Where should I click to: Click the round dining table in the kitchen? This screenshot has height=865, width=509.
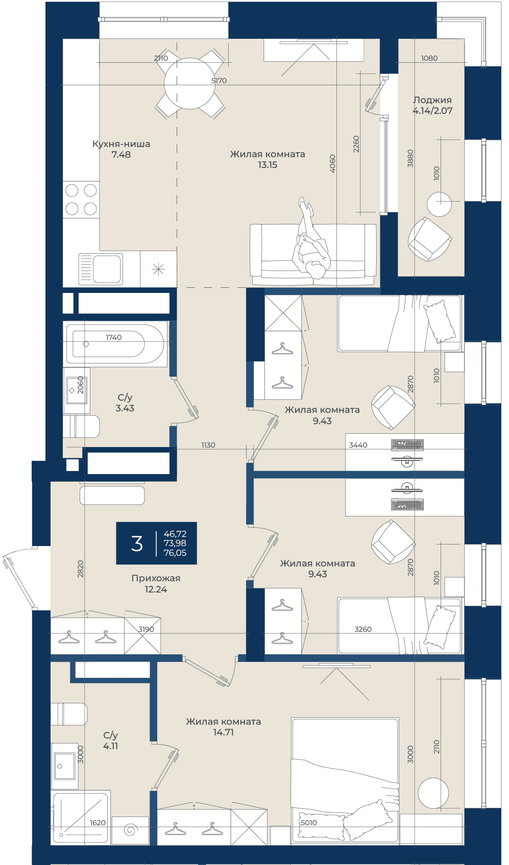(x=189, y=83)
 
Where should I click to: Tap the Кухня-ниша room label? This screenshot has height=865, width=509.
(x=122, y=144)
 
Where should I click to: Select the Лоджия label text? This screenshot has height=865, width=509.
(x=432, y=100)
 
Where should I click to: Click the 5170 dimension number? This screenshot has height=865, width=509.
(x=219, y=81)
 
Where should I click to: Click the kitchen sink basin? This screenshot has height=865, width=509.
(x=106, y=268)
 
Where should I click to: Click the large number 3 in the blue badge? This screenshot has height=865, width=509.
(x=137, y=543)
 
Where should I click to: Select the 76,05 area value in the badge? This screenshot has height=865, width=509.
(x=175, y=553)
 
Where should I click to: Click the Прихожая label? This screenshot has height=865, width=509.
(x=156, y=578)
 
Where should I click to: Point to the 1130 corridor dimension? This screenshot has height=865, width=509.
(x=208, y=445)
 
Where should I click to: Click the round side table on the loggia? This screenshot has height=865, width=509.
(x=439, y=204)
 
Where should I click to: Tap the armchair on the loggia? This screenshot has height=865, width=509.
(x=430, y=239)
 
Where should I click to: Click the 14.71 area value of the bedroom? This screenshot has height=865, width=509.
(x=223, y=732)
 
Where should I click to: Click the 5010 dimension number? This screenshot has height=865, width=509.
(x=309, y=823)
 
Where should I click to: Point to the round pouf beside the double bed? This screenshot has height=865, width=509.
(x=433, y=793)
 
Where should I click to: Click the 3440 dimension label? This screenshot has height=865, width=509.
(x=358, y=445)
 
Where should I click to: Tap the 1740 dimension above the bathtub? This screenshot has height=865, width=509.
(x=113, y=337)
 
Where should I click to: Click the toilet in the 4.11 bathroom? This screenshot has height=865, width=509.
(x=69, y=714)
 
